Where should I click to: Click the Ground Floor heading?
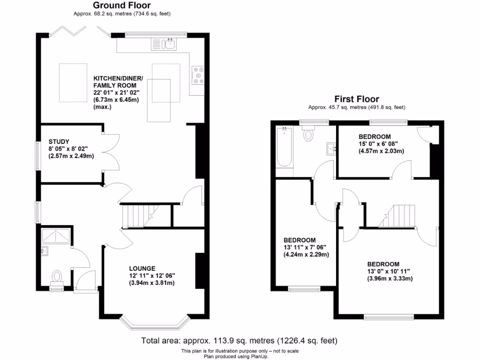pyautogui.click(x=122, y=6)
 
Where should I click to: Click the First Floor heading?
pyautogui.click(x=356, y=99)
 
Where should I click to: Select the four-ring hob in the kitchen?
pyautogui.click(x=198, y=75)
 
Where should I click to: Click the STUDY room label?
pyautogui.click(x=59, y=142)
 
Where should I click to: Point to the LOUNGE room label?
pyautogui.click(x=143, y=269)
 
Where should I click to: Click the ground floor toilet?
pyautogui.click(x=57, y=277)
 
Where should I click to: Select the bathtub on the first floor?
pyautogui.click(x=284, y=148)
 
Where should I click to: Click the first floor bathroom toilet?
pyautogui.click(x=308, y=135)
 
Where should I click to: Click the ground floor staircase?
pyautogui.click(x=135, y=216)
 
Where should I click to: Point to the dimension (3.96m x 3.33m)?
pyautogui.click(x=390, y=278)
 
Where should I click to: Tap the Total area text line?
pyautogui.click(x=240, y=341)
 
